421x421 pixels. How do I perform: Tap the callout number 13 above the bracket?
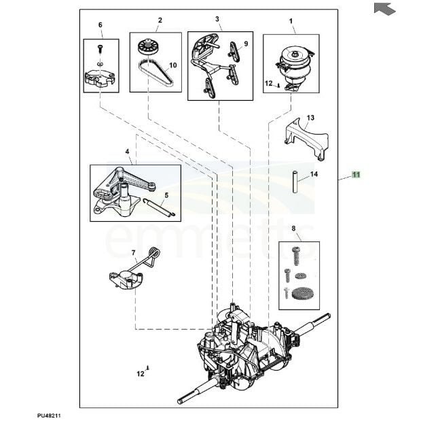(x=310, y=118)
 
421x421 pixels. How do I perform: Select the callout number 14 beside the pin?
(x=314, y=174)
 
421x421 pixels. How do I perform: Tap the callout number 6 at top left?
(x=100, y=25)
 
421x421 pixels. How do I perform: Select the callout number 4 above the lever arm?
(x=127, y=150)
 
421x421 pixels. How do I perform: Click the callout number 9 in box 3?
(x=246, y=44)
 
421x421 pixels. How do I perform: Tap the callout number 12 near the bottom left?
(x=140, y=373)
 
